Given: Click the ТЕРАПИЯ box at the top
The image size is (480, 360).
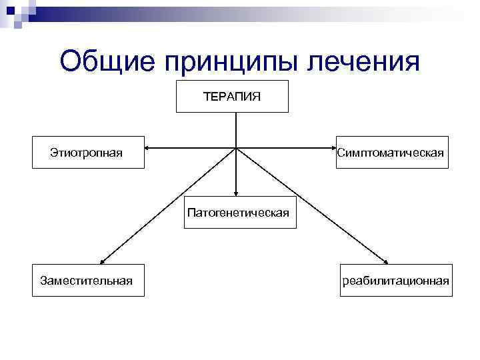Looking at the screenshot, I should point(231,97).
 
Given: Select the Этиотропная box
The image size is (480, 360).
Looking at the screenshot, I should point(89,153).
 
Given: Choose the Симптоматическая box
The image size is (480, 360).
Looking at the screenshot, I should point(391,153).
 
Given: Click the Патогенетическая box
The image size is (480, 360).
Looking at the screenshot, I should point(239,212).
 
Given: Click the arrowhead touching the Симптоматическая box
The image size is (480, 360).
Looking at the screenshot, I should point(331,147).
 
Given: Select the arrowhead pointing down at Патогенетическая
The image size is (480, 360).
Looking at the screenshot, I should point(235,192).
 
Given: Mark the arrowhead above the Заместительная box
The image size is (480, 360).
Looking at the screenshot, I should point(103,261).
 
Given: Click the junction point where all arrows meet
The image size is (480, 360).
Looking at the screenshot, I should point(235,147).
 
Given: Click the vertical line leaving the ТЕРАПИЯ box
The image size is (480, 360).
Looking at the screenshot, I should point(235,130).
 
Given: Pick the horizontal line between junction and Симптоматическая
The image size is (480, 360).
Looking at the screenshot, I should point(283,147).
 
